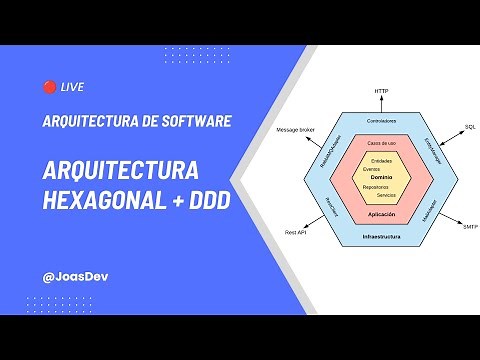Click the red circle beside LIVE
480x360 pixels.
49,88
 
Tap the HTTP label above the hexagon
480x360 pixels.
381,91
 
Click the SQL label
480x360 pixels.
469,127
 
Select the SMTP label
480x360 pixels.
469,228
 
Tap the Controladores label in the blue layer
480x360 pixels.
381,121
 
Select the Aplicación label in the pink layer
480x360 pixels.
381,216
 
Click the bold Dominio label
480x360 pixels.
381,176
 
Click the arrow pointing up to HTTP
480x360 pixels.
381,103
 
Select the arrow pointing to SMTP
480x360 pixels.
450,220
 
